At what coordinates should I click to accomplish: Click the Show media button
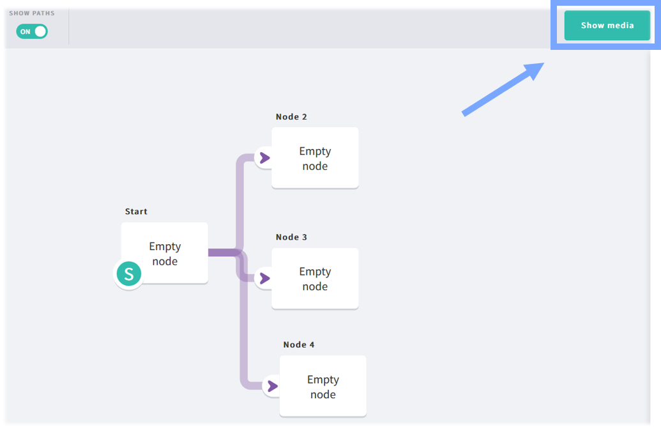click(x=607, y=26)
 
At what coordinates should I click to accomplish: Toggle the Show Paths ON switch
click(x=32, y=31)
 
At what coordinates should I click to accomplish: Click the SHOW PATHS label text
click(x=32, y=13)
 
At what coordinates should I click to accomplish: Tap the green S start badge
click(x=128, y=274)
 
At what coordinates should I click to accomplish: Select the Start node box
click(x=165, y=253)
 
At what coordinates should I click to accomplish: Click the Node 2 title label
click(x=291, y=117)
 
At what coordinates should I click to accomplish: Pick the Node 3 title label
click(x=291, y=237)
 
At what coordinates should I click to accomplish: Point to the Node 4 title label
click(x=299, y=345)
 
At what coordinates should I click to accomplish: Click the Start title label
click(x=136, y=212)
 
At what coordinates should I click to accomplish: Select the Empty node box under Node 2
click(x=315, y=158)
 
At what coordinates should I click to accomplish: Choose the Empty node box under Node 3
click(x=315, y=278)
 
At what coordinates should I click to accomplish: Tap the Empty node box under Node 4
click(x=323, y=386)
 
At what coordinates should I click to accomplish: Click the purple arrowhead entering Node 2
click(x=265, y=158)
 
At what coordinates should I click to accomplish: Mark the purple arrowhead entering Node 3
click(x=265, y=278)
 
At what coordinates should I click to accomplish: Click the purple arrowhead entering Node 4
click(x=273, y=386)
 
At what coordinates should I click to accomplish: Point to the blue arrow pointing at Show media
click(x=503, y=89)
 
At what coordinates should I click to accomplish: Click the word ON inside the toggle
click(x=26, y=31)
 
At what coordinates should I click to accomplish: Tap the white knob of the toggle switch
click(x=40, y=31)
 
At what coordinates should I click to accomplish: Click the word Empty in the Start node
click(x=165, y=246)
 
